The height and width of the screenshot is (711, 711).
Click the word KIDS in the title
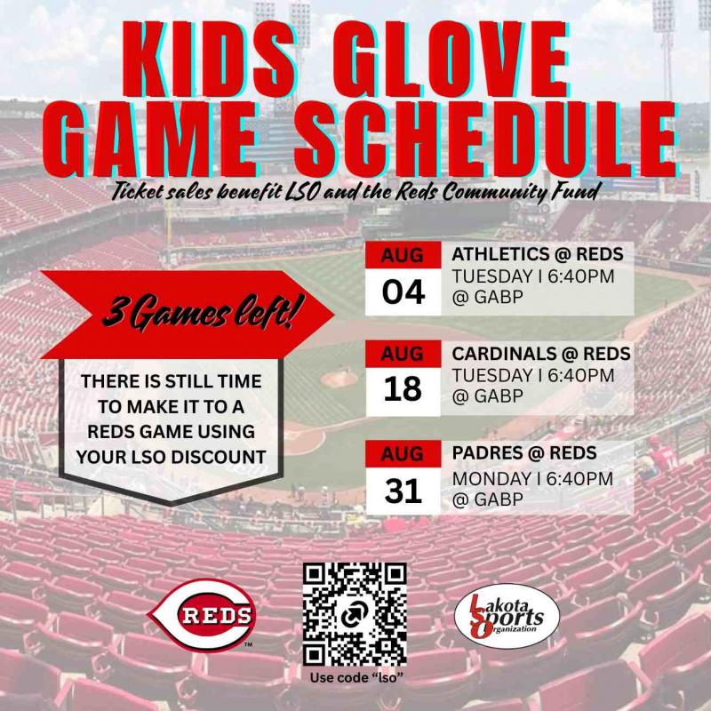(210, 59)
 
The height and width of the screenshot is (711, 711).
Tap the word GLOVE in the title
(451, 59)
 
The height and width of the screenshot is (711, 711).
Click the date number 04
(403, 292)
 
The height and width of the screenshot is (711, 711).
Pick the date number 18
(403, 389)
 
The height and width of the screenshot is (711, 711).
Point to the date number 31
(403, 491)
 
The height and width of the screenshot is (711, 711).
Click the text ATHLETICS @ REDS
(538, 254)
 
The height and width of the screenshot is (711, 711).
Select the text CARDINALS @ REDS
(541, 354)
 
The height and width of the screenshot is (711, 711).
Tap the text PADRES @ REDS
(524, 453)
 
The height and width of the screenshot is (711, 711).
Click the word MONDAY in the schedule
(493, 479)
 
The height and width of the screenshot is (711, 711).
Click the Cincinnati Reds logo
(203, 615)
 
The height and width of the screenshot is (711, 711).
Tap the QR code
(355, 614)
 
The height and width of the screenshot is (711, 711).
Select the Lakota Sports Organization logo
(507, 615)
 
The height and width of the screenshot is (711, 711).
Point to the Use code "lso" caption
(356, 678)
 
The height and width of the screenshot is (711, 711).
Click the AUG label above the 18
(403, 354)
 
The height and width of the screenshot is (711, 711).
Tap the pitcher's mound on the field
(340, 379)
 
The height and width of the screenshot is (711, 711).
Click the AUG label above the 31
(403, 454)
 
